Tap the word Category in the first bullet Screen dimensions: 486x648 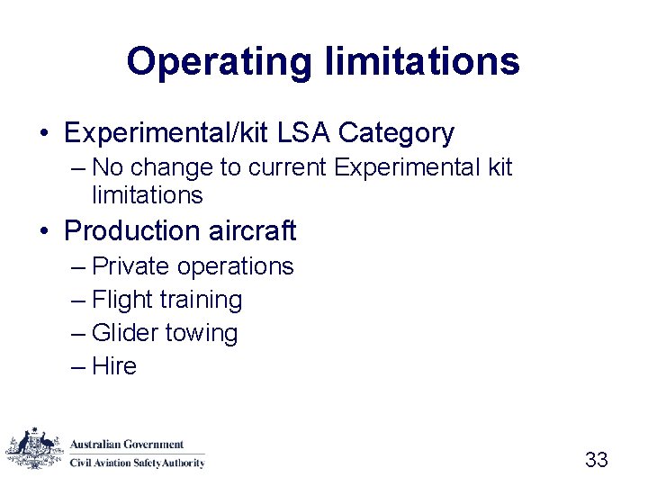coord(397,133)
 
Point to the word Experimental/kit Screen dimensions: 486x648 coord(166,133)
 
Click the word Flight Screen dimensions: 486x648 coord(124,300)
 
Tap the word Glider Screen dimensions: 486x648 coord(127,333)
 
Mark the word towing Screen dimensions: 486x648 coord(203,333)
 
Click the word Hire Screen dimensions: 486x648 coord(114,366)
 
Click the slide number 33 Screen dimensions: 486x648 coord(596,460)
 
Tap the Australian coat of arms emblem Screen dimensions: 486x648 coord(35,447)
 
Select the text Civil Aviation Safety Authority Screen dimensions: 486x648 coord(138,463)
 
